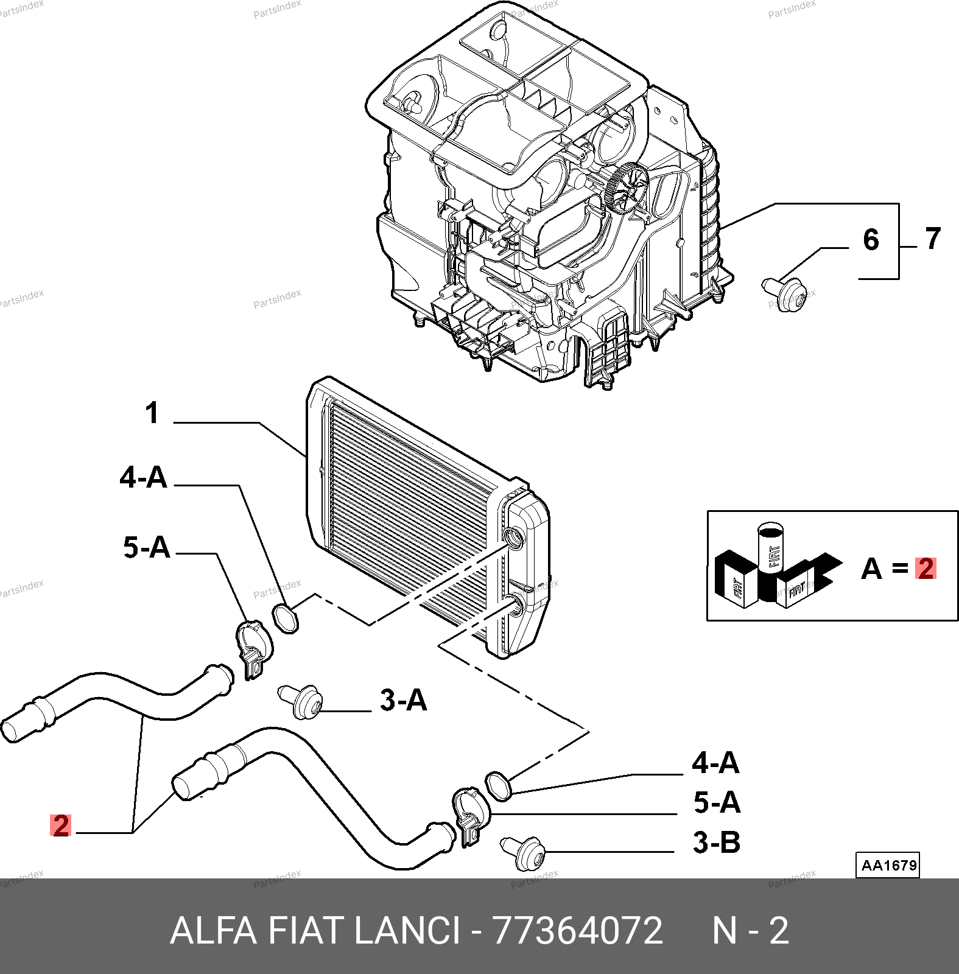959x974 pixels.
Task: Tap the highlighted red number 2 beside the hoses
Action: coord(61,825)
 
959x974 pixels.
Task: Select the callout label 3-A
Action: coord(404,700)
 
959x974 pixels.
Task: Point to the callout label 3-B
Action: coord(717,843)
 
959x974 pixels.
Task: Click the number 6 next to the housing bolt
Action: coord(871,239)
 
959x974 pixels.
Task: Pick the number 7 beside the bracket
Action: coord(933,238)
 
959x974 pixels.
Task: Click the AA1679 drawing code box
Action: coord(889,865)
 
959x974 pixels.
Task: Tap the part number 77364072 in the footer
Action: coord(577,931)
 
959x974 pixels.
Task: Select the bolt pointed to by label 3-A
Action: coord(301,701)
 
